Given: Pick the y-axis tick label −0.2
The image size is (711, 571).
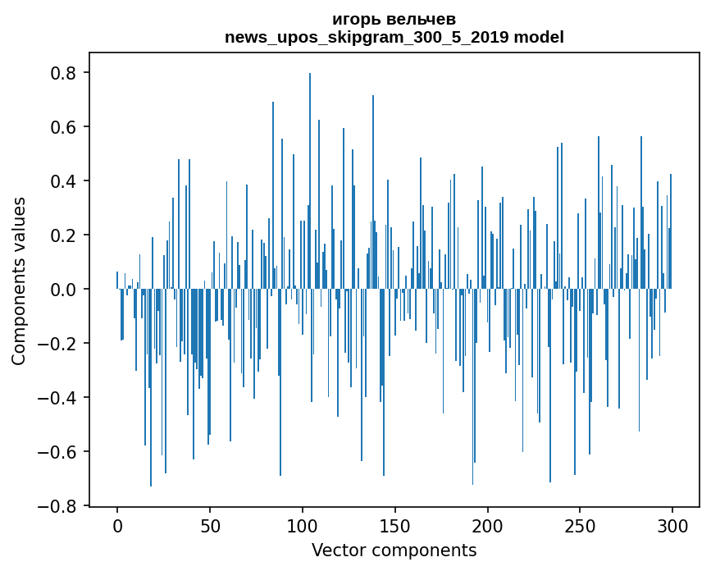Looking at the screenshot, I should point(58,344).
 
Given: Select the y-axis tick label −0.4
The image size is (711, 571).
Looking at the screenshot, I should point(58,398).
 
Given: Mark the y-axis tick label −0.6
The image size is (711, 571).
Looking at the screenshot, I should point(58,452).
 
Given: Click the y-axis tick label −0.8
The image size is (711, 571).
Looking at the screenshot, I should point(58,506).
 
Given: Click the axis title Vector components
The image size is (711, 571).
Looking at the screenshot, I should point(394,550).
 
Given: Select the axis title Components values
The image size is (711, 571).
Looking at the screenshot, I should point(19,281).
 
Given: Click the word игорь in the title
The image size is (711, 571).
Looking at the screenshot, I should point(355,20).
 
